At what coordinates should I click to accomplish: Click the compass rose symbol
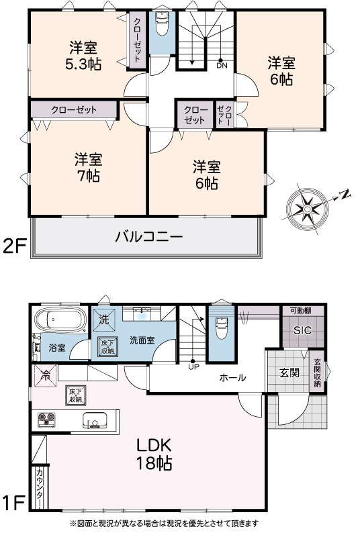click(307, 209)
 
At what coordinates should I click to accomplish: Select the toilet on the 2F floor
click(162, 23)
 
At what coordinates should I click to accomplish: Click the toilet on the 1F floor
click(222, 328)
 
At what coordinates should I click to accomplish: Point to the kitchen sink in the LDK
click(95, 421)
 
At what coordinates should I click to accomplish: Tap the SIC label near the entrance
click(303, 330)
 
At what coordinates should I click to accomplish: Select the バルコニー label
click(148, 237)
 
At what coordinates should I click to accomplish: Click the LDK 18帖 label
click(154, 454)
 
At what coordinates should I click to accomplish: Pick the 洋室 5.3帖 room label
click(83, 56)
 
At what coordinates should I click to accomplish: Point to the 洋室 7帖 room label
click(89, 167)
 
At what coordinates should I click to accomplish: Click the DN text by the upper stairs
click(222, 65)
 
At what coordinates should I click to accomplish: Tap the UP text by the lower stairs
click(193, 367)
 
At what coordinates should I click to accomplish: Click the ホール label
click(232, 378)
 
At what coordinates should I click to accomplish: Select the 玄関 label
click(289, 373)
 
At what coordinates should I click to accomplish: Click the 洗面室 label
click(142, 340)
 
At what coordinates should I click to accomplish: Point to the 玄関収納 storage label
click(318, 373)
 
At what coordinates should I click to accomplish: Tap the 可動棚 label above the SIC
click(301, 311)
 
